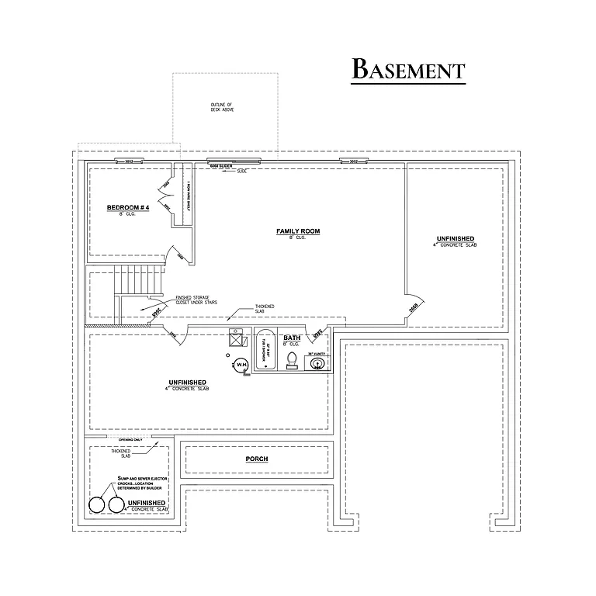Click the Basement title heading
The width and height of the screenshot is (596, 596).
point(408,69)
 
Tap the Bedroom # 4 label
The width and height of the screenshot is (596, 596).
point(127,208)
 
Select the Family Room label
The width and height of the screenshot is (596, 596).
point(298,231)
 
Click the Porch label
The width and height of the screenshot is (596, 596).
point(257,459)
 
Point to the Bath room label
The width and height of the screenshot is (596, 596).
point(292,338)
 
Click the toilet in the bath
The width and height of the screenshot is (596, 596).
point(292,359)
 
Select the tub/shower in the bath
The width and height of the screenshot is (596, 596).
point(264,351)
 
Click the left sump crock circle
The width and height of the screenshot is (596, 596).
point(98,505)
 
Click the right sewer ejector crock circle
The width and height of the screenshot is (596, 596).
point(116,505)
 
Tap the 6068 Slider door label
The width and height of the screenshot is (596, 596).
point(221,166)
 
